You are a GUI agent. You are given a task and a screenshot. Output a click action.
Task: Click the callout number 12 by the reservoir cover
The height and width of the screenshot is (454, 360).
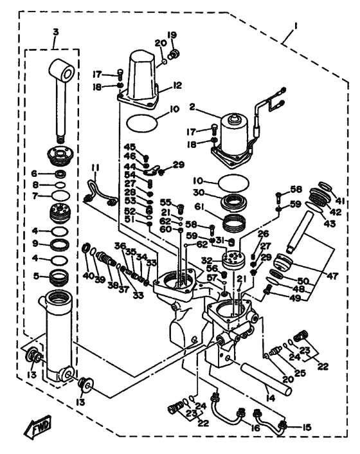[177, 85]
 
